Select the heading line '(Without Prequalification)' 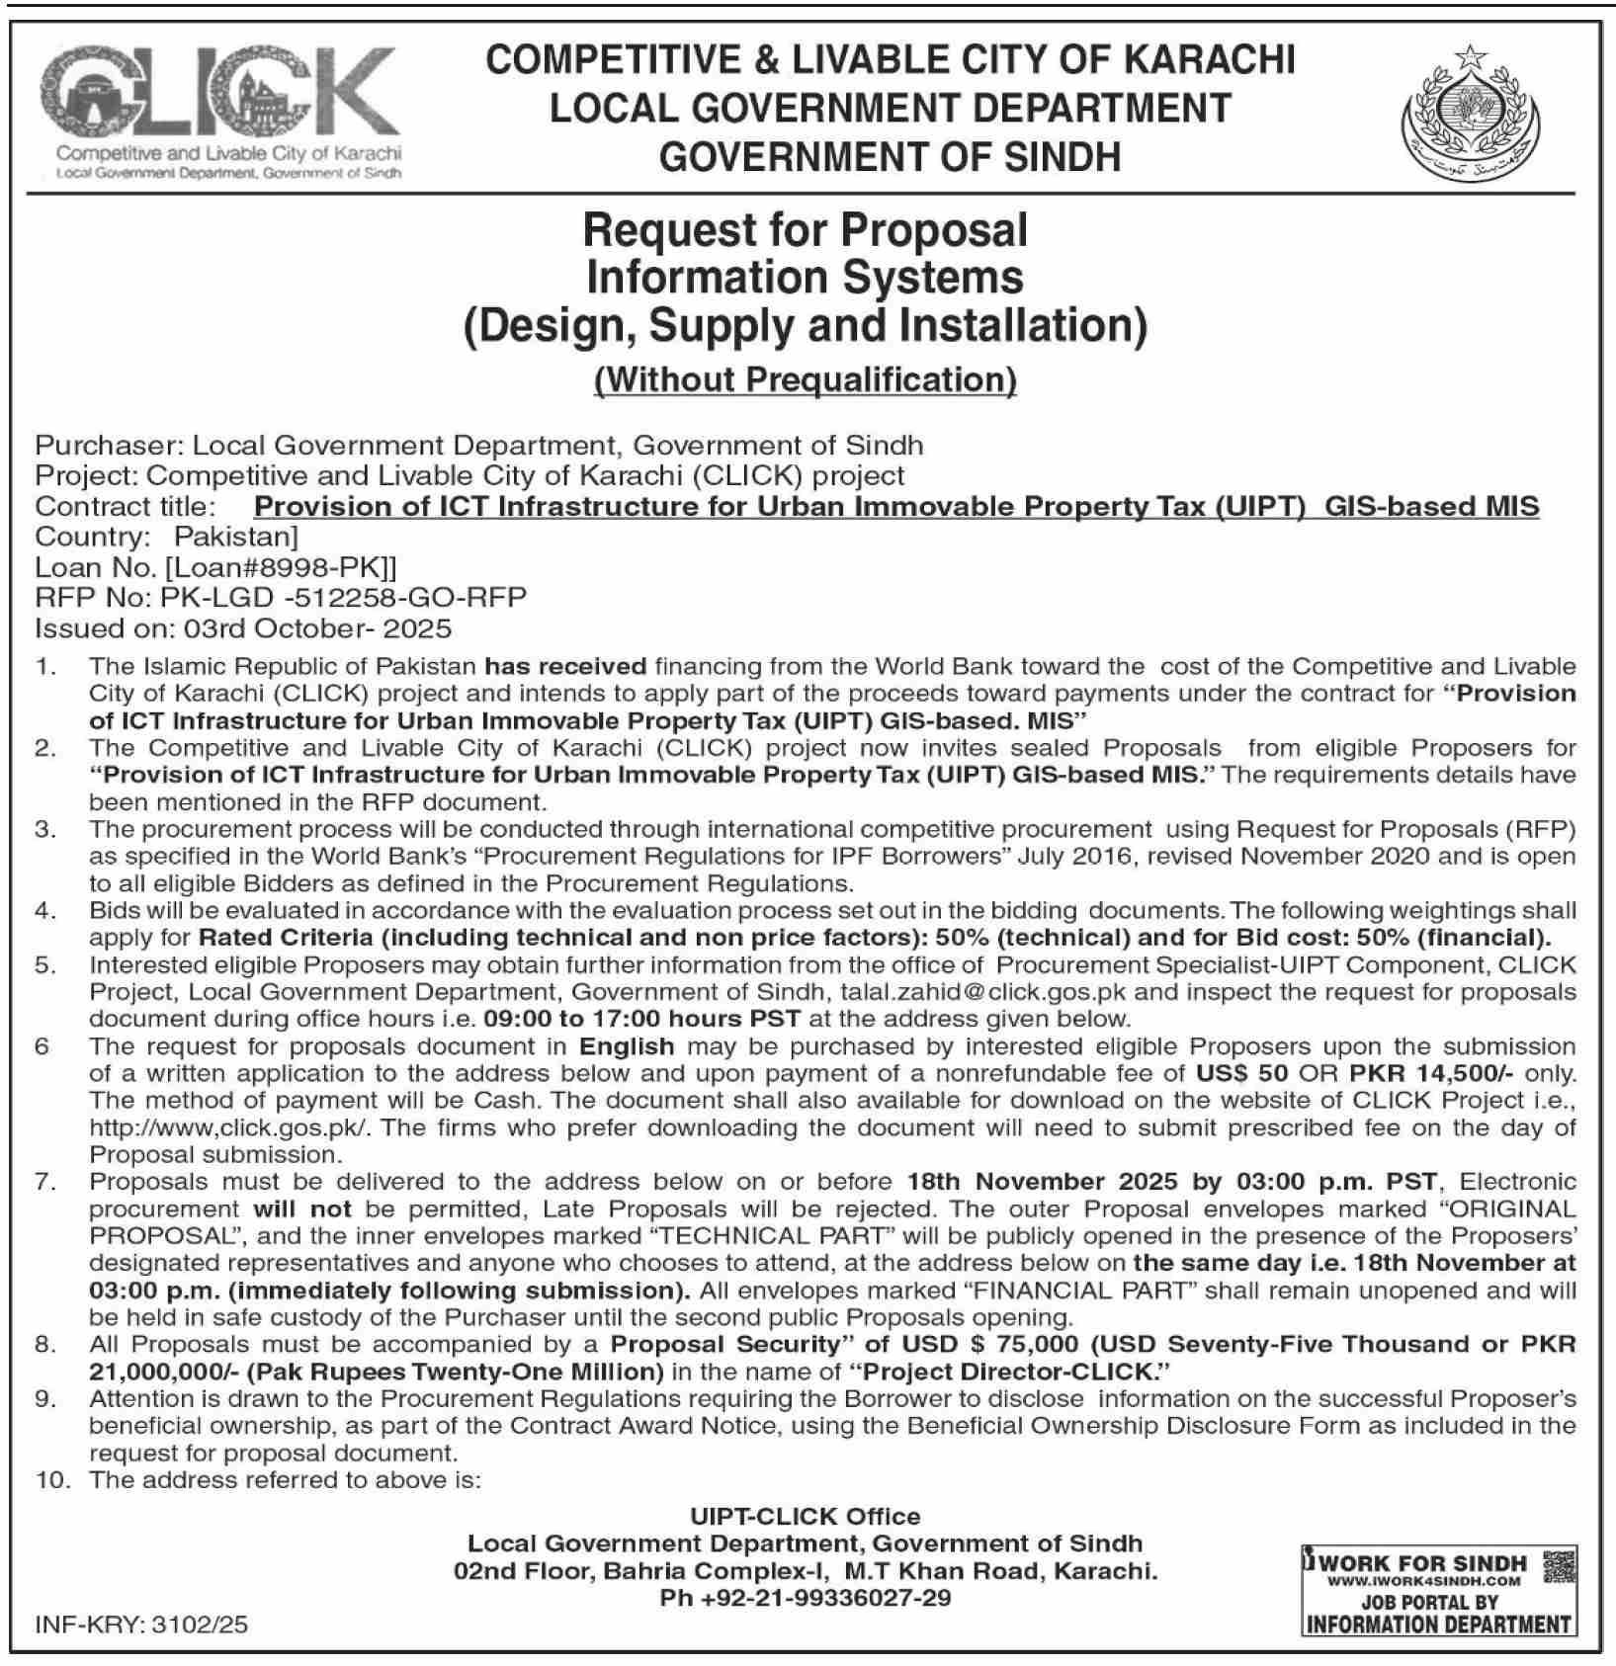[805, 379]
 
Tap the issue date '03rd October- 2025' [353, 628]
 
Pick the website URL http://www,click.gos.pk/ [228, 1127]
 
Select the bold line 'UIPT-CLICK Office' [805, 1516]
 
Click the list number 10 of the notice [50, 1480]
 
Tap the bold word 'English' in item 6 [627, 1046]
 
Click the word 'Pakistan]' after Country [235, 537]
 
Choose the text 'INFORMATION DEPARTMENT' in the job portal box [1438, 1624]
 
